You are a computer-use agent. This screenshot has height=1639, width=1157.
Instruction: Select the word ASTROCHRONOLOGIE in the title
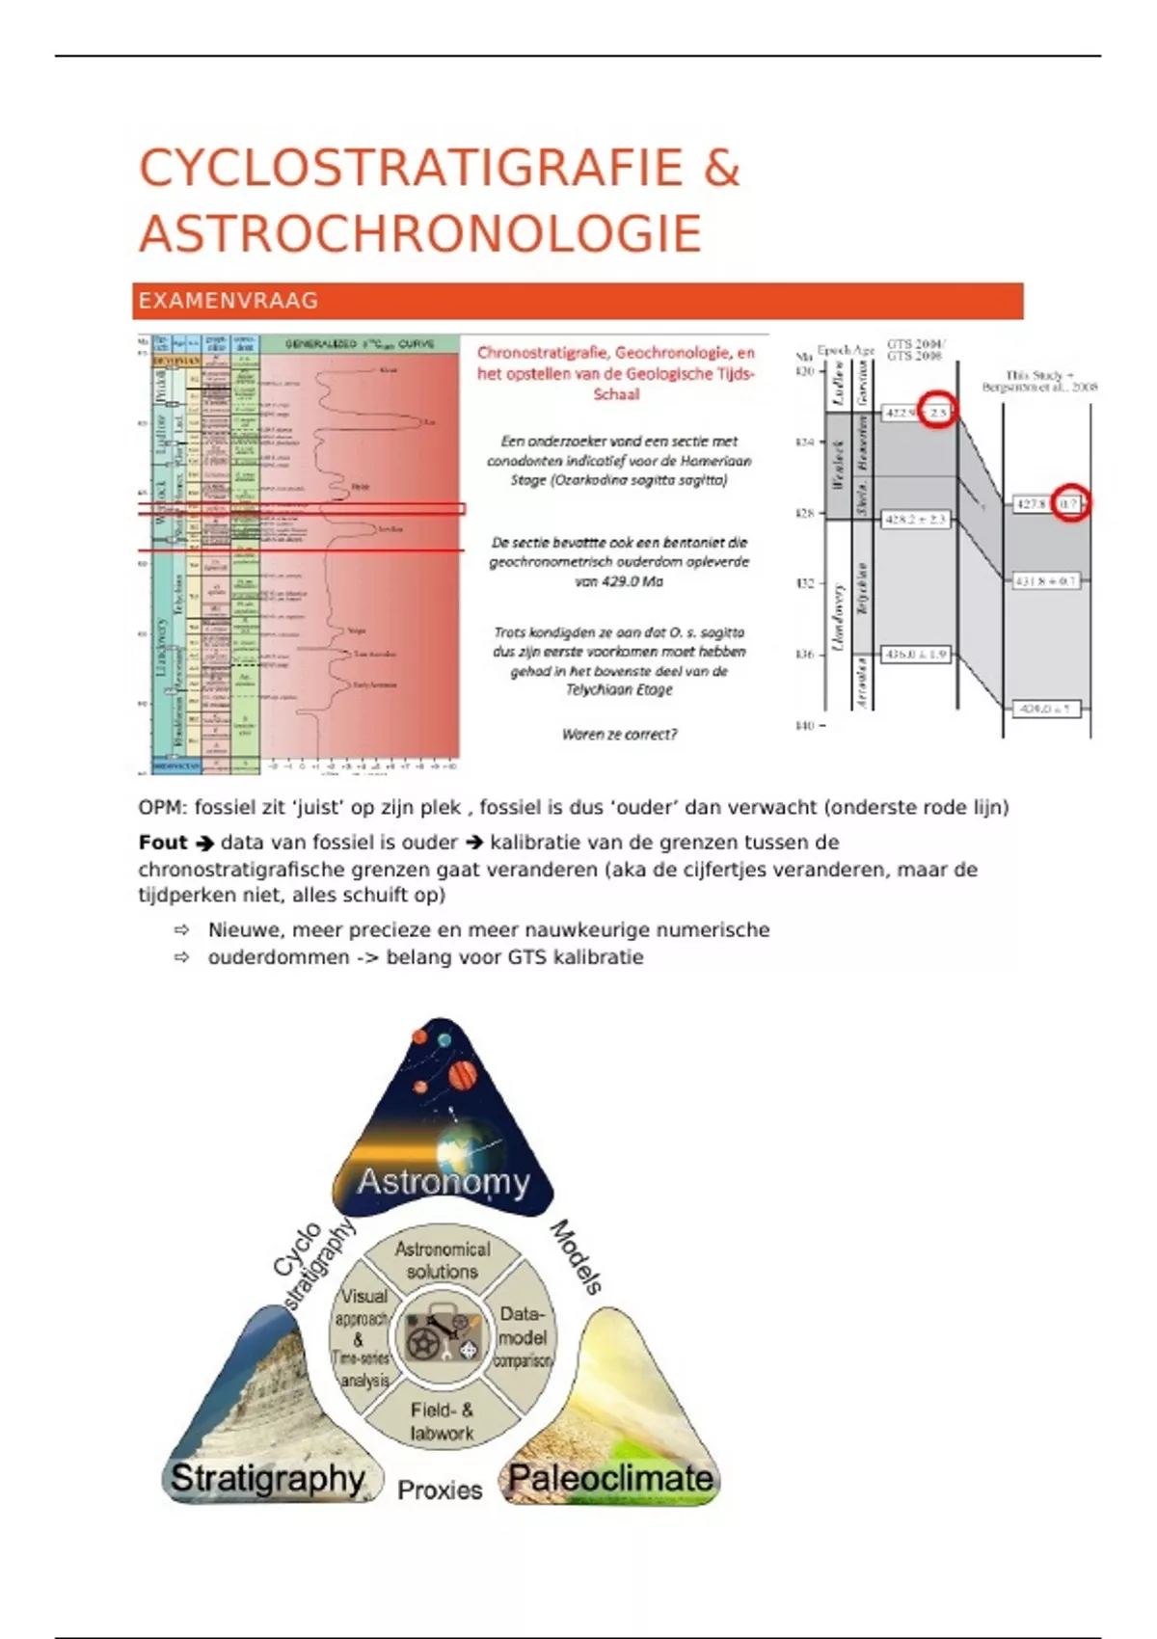point(420,234)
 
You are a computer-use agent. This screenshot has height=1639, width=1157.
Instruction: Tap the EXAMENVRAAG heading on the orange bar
point(229,301)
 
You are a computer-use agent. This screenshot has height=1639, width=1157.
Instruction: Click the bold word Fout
point(163,843)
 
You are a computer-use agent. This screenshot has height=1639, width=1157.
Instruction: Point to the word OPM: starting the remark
point(162,808)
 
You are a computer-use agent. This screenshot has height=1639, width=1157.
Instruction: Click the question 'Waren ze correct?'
point(619,734)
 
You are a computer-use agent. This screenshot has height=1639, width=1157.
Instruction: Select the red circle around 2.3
point(937,413)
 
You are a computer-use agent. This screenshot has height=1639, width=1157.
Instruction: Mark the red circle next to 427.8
point(1070,503)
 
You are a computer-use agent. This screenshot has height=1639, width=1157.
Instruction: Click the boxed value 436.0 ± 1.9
point(915,655)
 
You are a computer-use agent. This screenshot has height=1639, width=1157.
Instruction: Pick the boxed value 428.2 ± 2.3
point(915,520)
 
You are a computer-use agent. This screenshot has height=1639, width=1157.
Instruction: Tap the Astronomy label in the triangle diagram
point(444,1182)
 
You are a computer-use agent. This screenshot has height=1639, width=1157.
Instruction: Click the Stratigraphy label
point(267,1478)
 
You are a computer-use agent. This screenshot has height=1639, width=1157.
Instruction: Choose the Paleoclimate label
point(610,1478)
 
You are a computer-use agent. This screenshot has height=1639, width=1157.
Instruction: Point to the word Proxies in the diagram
point(440,1491)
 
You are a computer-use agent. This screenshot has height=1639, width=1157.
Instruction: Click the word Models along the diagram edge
point(577,1256)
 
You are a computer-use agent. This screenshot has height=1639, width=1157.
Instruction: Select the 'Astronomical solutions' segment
point(443,1260)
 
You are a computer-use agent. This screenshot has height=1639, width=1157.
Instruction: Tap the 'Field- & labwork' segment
point(442,1421)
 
